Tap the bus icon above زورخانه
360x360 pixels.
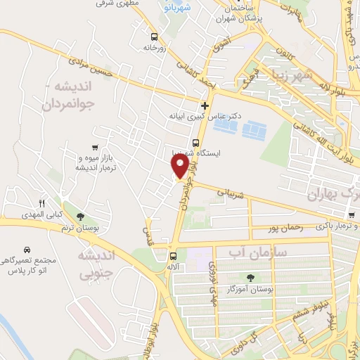tap(154, 35)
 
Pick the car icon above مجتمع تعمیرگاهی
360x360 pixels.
tap(26, 250)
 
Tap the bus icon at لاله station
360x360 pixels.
tap(173, 256)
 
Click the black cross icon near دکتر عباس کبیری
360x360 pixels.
tap(205, 105)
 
